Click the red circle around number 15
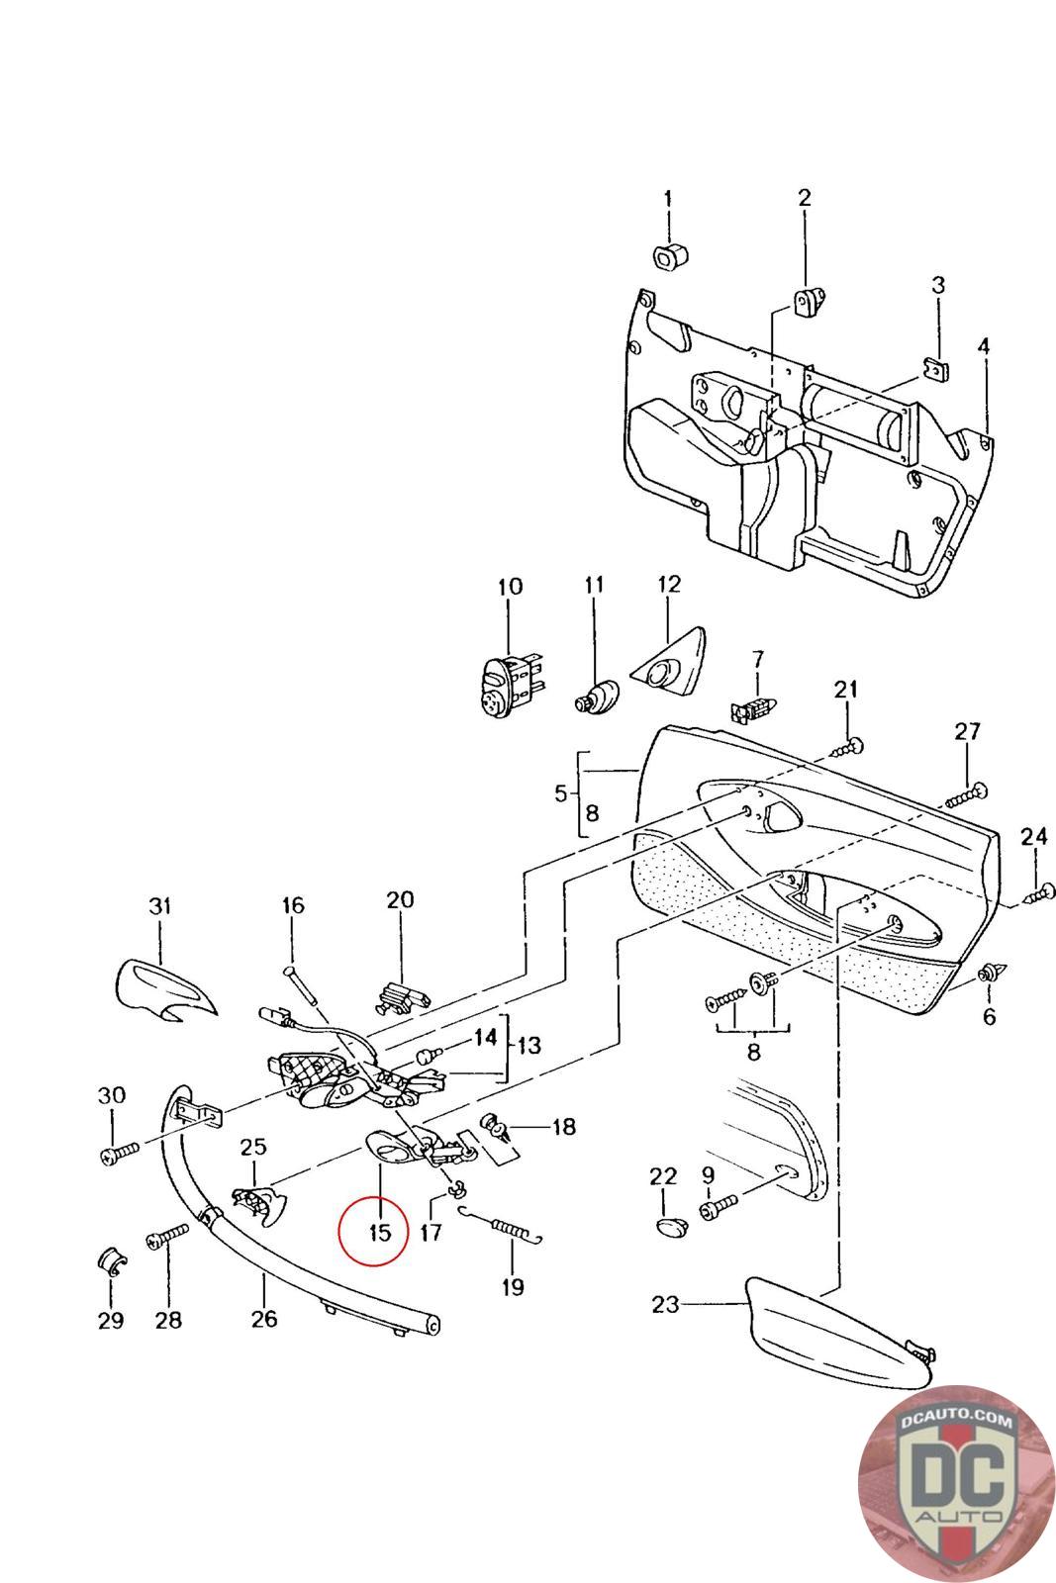373,1230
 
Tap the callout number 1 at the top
667,198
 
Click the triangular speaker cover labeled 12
668,662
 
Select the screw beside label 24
1035,895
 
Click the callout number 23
665,1304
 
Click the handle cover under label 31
162,988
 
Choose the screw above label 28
168,1237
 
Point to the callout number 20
400,900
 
